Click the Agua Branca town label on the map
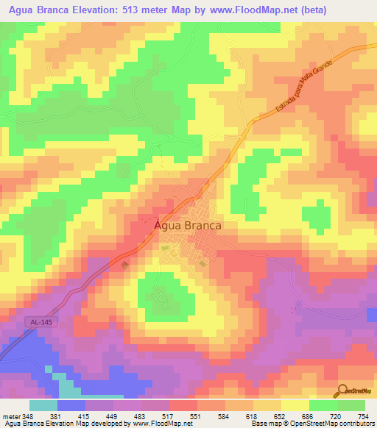tap(188, 227)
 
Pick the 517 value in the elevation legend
tap(169, 416)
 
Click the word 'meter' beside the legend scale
tap(10, 416)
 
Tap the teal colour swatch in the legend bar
tap(43, 405)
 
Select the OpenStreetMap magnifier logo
tap(342, 391)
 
